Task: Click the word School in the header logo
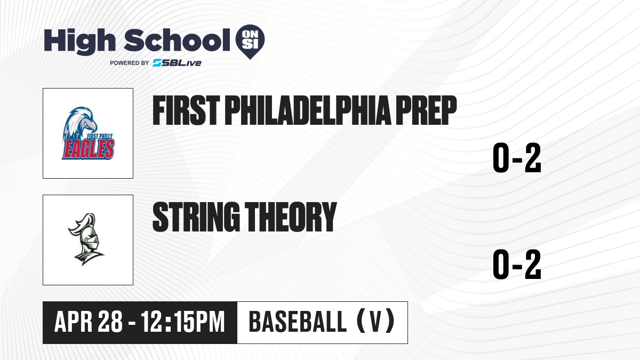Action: point(177,40)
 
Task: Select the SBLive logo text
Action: point(177,63)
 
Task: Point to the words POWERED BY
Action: point(130,63)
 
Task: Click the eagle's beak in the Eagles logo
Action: point(92,125)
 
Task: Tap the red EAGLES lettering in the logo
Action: point(88,149)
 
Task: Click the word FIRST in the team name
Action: point(186,110)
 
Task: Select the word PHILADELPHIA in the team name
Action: point(308,110)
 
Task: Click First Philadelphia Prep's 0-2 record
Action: point(517,158)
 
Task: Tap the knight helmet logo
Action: point(86,239)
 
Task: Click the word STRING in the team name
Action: point(196,217)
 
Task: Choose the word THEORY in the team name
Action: point(291,217)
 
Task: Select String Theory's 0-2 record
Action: point(517,265)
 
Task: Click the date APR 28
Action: point(89,322)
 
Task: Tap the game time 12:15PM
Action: point(183,322)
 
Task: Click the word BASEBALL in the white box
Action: point(298,322)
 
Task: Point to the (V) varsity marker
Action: point(375,322)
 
